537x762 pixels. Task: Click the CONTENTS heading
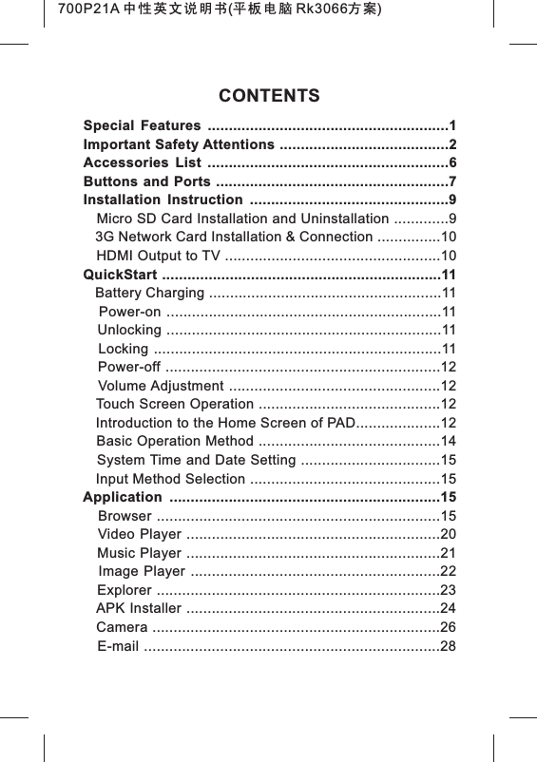coord(269,97)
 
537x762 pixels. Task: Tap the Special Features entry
coord(142,126)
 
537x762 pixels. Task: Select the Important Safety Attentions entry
coord(179,144)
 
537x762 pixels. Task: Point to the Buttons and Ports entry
coord(147,181)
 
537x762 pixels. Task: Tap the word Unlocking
coord(129,330)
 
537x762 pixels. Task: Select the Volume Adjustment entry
coord(161,386)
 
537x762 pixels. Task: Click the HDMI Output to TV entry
coord(159,256)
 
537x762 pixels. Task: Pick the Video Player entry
coord(133,534)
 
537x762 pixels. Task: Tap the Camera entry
coord(121,628)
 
